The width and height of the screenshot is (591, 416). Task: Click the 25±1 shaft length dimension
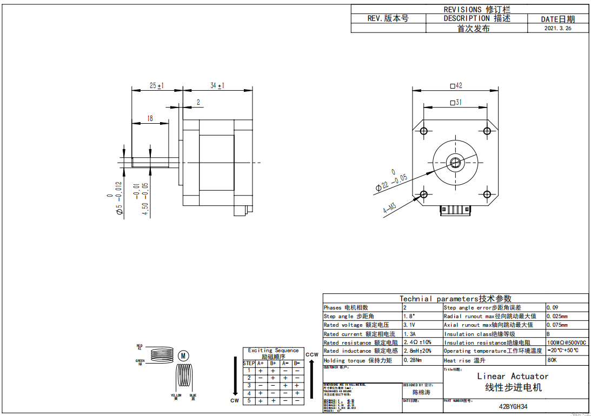(x=157, y=85)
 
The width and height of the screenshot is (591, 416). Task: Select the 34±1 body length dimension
(x=217, y=85)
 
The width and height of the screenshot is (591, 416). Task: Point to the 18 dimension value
(x=149, y=118)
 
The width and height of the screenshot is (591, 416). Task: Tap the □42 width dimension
(x=456, y=85)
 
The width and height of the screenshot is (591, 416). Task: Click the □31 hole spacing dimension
(x=455, y=102)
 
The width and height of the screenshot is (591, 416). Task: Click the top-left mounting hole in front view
(x=423, y=131)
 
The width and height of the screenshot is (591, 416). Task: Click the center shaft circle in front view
(x=455, y=162)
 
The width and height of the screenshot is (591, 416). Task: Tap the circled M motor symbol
(x=183, y=355)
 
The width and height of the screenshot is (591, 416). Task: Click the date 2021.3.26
(x=557, y=28)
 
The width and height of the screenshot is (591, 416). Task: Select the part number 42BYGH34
(x=513, y=407)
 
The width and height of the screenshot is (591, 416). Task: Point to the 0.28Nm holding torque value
(x=413, y=360)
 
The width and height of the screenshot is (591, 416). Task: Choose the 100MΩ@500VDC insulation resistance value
(x=567, y=343)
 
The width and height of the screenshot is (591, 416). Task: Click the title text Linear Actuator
(x=513, y=376)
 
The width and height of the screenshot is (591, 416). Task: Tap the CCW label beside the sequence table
(x=311, y=355)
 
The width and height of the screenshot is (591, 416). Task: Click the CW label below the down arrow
(x=235, y=401)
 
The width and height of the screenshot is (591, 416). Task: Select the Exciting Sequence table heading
(x=273, y=351)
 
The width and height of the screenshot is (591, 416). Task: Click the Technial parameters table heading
(x=455, y=298)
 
